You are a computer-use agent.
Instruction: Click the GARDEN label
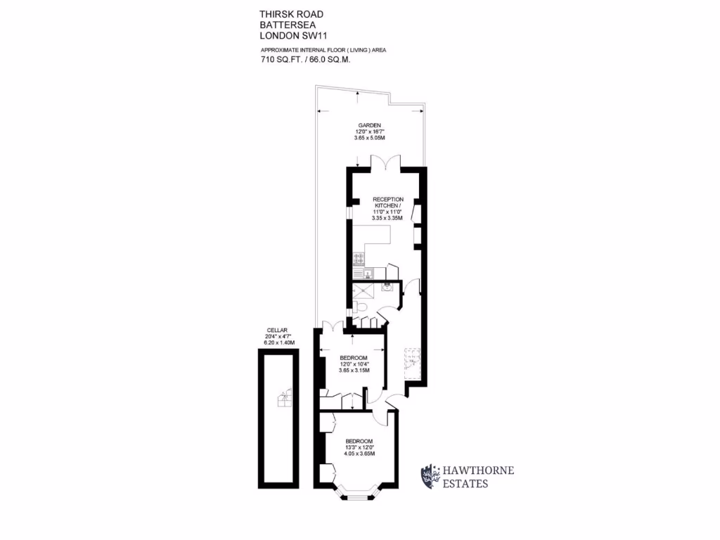[x=369, y=125]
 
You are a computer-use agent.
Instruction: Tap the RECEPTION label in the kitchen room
[x=388, y=200]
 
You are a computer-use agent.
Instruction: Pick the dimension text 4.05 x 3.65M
[x=359, y=454]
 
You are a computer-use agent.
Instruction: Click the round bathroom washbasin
[x=387, y=287]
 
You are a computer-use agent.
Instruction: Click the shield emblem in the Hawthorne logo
[x=427, y=476]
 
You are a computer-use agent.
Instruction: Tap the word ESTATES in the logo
[x=465, y=484]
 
